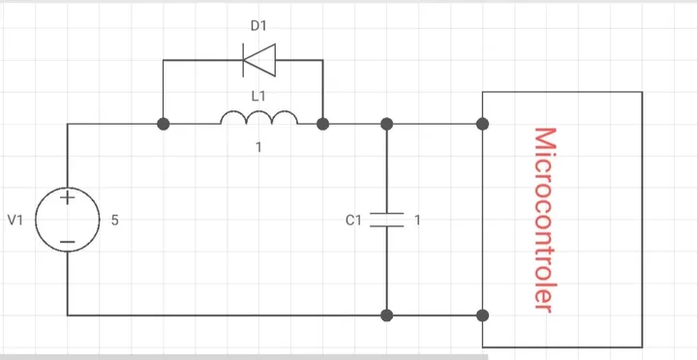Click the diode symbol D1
pos(259,60)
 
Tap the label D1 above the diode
pos(258,26)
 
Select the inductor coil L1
pos(259,118)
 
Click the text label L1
pos(258,96)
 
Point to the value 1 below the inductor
pos(258,147)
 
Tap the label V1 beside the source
pos(15,220)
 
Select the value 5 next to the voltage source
pos(114,220)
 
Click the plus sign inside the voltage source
pos(68,197)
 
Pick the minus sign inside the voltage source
pos(68,242)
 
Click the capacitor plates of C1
pos(386,220)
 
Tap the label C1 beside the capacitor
pos(354,220)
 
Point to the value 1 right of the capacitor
pos(417,220)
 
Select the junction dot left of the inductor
pos(164,124)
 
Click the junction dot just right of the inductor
pos(322,124)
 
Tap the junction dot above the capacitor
pos(386,124)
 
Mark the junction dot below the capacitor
pos(386,315)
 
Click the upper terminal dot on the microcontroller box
pos(482,124)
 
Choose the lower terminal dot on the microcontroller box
pos(482,315)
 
